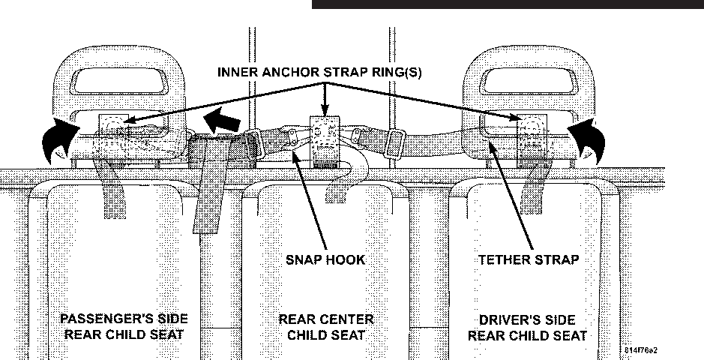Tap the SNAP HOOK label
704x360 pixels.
pyautogui.click(x=325, y=259)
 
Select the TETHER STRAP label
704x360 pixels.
pyautogui.click(x=529, y=259)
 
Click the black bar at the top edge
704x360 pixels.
pyautogui.click(x=507, y=4)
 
